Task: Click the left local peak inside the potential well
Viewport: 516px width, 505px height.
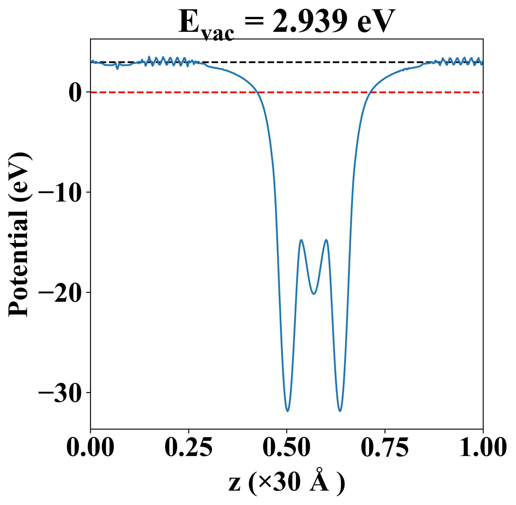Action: click(x=301, y=240)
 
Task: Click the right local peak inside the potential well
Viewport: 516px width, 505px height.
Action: click(x=326, y=240)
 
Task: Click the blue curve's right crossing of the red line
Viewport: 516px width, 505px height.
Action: click(x=370, y=92)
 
